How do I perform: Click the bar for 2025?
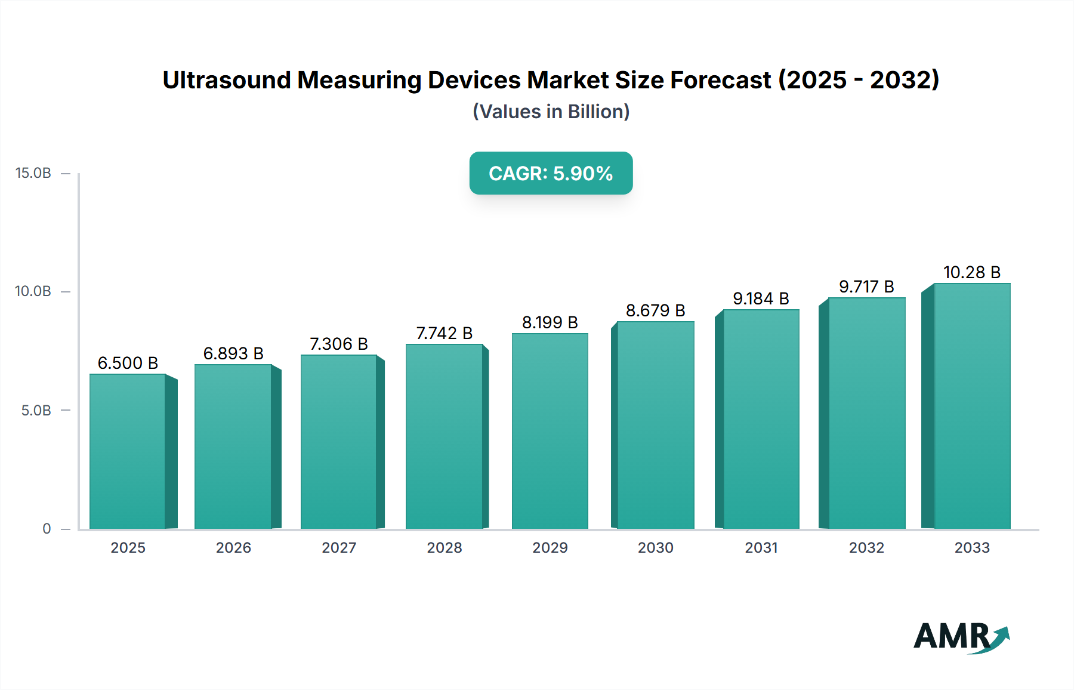(x=128, y=451)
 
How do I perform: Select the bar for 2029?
(x=550, y=431)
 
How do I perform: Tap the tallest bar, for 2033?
(x=972, y=406)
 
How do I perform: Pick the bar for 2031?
(x=761, y=419)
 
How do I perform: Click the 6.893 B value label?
(x=233, y=353)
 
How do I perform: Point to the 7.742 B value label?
(x=445, y=333)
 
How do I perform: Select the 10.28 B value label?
(x=971, y=272)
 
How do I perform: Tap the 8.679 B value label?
(x=655, y=310)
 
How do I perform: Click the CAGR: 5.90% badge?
(x=551, y=173)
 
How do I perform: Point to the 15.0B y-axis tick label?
(x=33, y=173)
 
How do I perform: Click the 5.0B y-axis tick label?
(x=36, y=411)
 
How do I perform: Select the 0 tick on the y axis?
(x=47, y=529)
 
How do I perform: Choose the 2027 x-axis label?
(x=339, y=547)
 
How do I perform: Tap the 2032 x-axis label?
(x=866, y=547)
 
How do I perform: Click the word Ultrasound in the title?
(x=226, y=80)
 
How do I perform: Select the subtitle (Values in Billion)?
(x=551, y=112)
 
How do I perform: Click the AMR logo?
(x=961, y=637)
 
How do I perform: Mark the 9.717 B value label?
(x=866, y=287)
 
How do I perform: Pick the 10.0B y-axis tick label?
(x=33, y=291)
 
